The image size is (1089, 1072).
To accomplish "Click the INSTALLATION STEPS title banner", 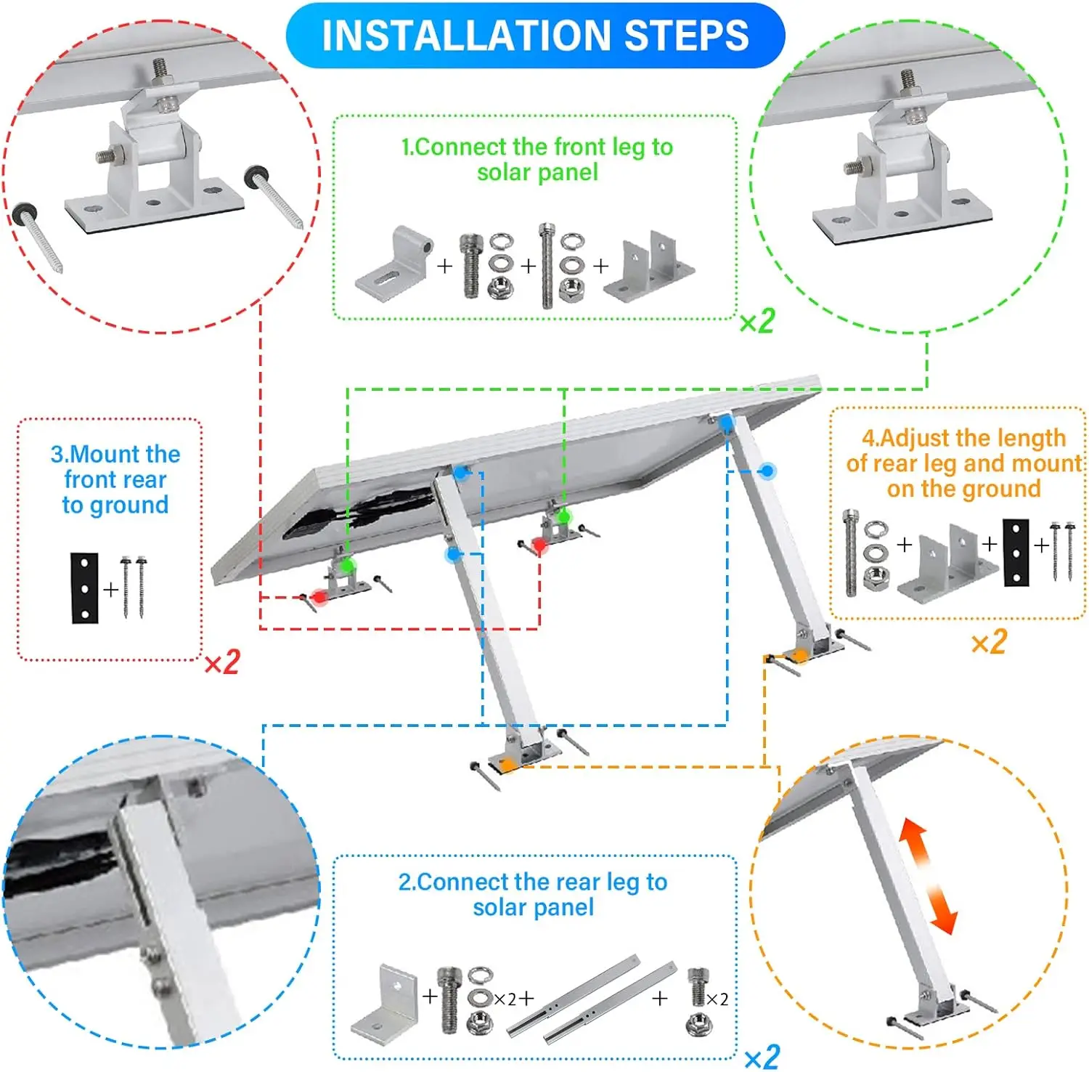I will pyautogui.click(x=535, y=36).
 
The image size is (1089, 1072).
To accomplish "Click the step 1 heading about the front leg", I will pyautogui.click(x=537, y=159).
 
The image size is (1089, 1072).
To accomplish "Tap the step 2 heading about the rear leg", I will pyautogui.click(x=533, y=894).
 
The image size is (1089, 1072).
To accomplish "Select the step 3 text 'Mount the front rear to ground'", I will pyautogui.click(x=115, y=479).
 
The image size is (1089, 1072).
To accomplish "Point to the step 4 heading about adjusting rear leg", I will pyautogui.click(x=963, y=463).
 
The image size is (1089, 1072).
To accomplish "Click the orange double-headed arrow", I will pyautogui.click(x=928, y=875).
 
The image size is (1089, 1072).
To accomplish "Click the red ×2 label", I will pyautogui.click(x=222, y=662).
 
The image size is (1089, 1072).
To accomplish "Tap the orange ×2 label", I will pyautogui.click(x=989, y=642).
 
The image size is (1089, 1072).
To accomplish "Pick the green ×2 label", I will pyautogui.click(x=757, y=320).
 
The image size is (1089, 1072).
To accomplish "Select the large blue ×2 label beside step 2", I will pyautogui.click(x=762, y=1056).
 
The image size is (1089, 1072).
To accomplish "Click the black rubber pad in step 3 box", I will pyautogui.click(x=84, y=588).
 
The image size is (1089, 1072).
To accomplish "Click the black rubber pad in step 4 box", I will pyautogui.click(x=1016, y=553).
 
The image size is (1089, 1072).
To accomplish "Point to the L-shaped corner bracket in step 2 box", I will pyautogui.click(x=384, y=1002).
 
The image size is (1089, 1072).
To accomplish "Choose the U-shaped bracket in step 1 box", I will pyautogui.click(x=649, y=267).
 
